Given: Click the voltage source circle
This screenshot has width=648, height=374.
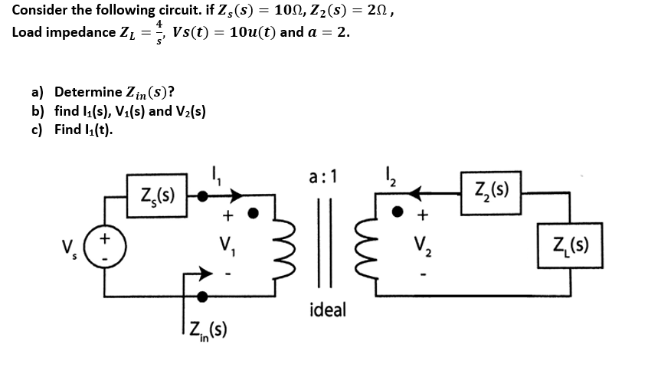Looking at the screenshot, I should [x=103, y=246].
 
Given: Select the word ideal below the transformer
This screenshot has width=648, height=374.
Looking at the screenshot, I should [x=328, y=310].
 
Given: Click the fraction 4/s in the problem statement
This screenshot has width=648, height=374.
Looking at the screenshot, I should [x=158, y=33].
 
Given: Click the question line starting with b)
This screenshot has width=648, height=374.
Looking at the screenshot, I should [x=119, y=111].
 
